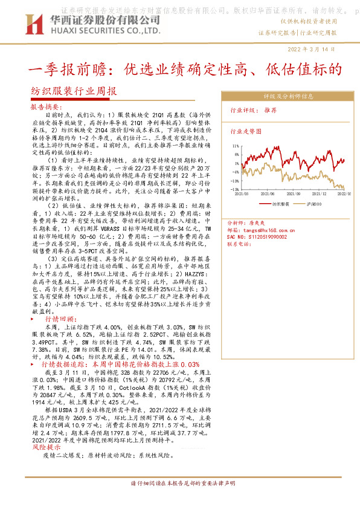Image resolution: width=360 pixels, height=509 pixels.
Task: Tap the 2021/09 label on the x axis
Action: point(293,193)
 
